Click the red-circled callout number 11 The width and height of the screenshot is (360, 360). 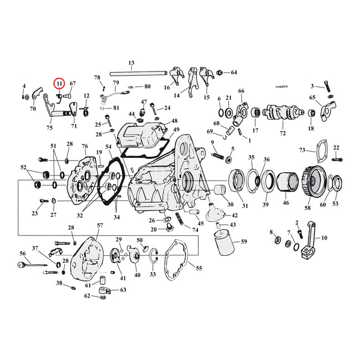pyautogui.click(x=59, y=84)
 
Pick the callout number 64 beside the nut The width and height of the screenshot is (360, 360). pyautogui.click(x=233, y=73)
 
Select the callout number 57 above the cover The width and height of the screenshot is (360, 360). pyautogui.click(x=100, y=226)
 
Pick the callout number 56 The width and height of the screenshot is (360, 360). pyautogui.click(x=23, y=253)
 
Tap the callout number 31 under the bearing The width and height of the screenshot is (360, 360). pyautogui.click(x=244, y=206)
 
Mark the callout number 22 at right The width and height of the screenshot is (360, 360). pyautogui.click(x=336, y=147)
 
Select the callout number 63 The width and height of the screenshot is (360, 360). pyautogui.click(x=123, y=290)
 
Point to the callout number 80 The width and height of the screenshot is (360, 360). pyautogui.click(x=147, y=86)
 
